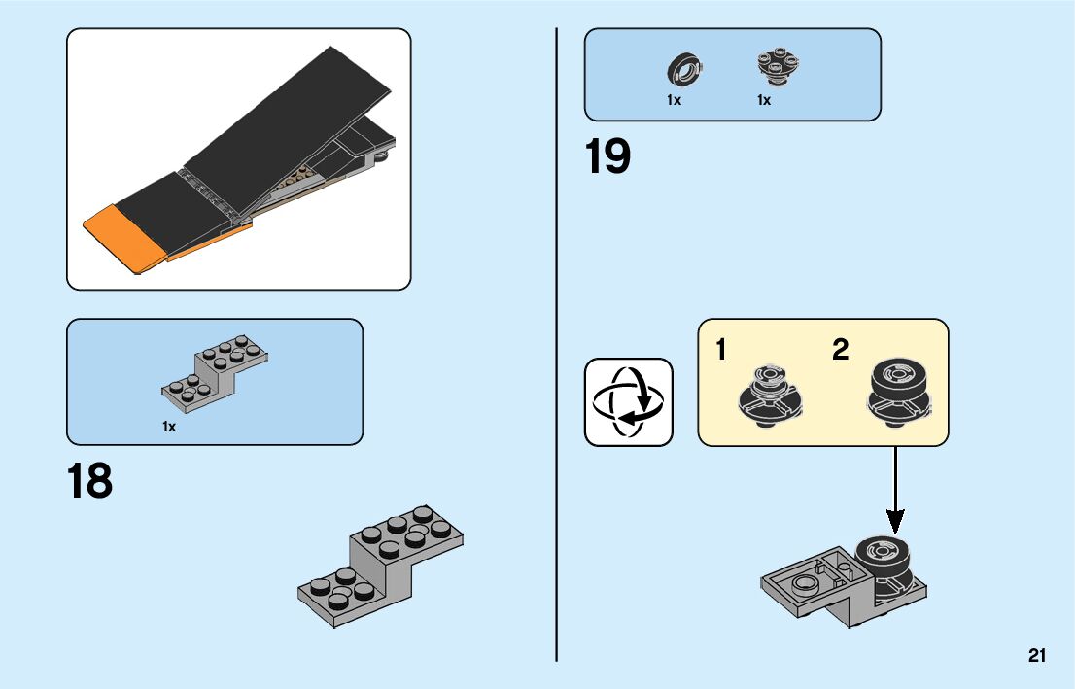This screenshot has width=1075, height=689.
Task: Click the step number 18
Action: pyautogui.click(x=89, y=481)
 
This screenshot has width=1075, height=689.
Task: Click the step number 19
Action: pyautogui.click(x=607, y=157)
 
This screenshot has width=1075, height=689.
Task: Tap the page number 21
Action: pyautogui.click(x=1037, y=656)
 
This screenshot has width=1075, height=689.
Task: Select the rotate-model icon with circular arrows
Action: pyautogui.click(x=628, y=402)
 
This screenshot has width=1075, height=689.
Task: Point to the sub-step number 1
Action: pyautogui.click(x=720, y=350)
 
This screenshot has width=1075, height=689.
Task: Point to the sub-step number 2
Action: pyautogui.click(x=840, y=350)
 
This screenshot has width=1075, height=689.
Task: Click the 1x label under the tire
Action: pyautogui.click(x=674, y=100)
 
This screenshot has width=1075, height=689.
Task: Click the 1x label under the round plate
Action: pyautogui.click(x=764, y=100)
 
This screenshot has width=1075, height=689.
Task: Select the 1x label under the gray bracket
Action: pyautogui.click(x=169, y=427)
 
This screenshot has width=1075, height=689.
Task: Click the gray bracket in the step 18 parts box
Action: pyautogui.click(x=216, y=371)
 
